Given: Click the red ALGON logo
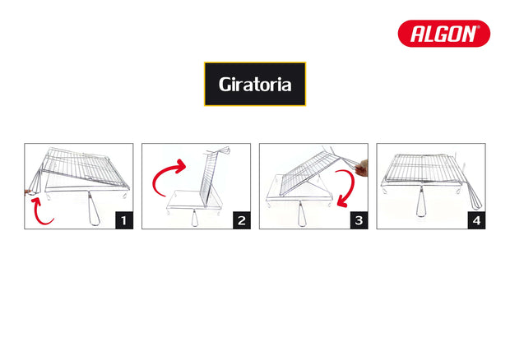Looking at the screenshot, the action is pos(443,34).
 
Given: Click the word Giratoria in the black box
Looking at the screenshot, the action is pos(255,85).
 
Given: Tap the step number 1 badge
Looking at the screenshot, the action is pos(124,220).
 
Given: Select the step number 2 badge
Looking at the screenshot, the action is pos(241,220).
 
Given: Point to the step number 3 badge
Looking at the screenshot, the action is pos(359,220).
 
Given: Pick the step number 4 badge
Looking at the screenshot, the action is pos(476,220).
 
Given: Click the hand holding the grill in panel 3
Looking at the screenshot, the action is pos(362,168).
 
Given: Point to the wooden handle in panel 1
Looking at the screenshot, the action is pos(93,210).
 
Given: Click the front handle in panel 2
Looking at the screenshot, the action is pos(194,218).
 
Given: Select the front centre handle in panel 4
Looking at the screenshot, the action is pos(421,204).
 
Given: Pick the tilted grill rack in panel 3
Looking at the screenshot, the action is pos(309,173).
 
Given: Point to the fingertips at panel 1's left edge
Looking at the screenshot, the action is pos(28,192).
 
